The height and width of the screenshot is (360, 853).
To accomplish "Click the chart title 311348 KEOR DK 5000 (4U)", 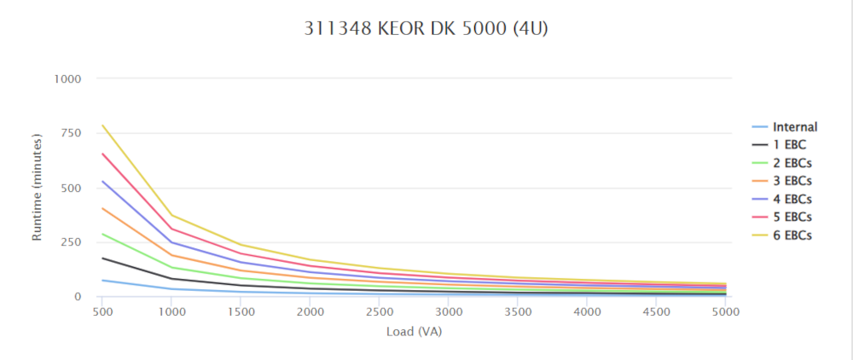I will click(426, 28).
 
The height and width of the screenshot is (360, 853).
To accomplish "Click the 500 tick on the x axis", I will click(102, 312).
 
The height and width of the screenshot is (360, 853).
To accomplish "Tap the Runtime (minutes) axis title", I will click(38, 187).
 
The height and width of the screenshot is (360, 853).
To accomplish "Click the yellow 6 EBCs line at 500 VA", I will click(102, 125).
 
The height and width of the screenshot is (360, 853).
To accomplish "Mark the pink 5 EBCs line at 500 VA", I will click(102, 154).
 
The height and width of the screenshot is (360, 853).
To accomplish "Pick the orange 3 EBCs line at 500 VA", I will click(102, 208).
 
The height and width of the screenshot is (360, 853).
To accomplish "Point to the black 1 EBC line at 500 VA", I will click(102, 258).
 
